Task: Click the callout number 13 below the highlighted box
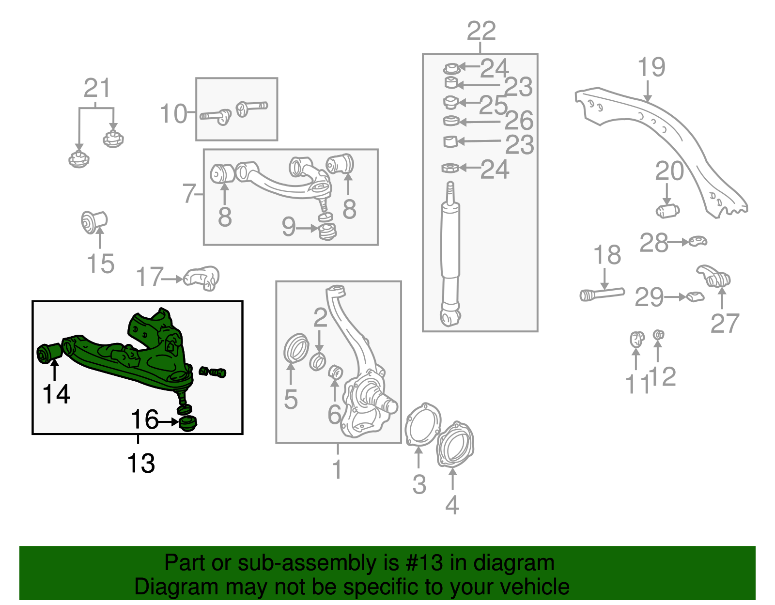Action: pyautogui.click(x=141, y=464)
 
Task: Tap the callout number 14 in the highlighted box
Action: pyautogui.click(x=57, y=394)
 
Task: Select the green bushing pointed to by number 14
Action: pyautogui.click(x=49, y=353)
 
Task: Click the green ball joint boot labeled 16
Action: pyautogui.click(x=188, y=422)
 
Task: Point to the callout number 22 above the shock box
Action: pyautogui.click(x=481, y=31)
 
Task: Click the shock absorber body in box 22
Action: pyautogui.click(x=450, y=242)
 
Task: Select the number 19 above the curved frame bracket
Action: pyautogui.click(x=651, y=67)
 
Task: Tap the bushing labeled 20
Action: pyautogui.click(x=667, y=211)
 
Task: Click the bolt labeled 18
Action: pyautogui.click(x=602, y=294)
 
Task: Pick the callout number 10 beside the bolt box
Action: pyautogui.click(x=173, y=114)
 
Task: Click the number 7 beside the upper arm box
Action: pyautogui.click(x=189, y=194)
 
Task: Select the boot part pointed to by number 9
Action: pyautogui.click(x=327, y=232)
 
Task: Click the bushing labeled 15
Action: pyautogui.click(x=93, y=222)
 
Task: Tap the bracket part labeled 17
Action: pyautogui.click(x=202, y=278)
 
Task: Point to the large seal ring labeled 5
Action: pyautogui.click(x=295, y=348)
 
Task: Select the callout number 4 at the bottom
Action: pyautogui.click(x=452, y=505)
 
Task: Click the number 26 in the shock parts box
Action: pyautogui.click(x=519, y=121)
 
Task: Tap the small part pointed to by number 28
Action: pyautogui.click(x=697, y=241)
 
